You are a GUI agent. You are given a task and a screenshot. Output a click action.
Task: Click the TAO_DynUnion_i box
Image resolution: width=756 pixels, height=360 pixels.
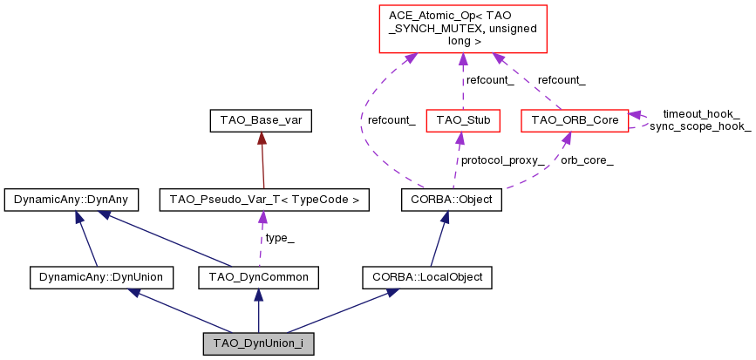[258, 343]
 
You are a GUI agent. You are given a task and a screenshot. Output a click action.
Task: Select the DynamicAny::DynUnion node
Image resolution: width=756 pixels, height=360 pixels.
[101, 277]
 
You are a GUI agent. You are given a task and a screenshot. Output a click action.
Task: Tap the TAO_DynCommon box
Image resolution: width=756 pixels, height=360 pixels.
[258, 277]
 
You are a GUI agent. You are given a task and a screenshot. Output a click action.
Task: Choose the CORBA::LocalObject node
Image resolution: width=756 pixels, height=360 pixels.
[427, 277]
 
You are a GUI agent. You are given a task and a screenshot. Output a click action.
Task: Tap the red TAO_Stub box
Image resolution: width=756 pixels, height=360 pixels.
[462, 119]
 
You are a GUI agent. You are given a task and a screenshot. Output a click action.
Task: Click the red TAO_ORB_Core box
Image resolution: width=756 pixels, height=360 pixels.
[573, 119]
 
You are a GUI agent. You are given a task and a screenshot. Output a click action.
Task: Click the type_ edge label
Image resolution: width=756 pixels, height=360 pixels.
[279, 238]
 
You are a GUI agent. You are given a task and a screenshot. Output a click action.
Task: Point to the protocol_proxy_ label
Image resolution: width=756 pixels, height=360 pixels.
[503, 160]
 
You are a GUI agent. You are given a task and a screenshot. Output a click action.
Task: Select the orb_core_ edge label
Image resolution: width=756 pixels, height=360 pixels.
[587, 160]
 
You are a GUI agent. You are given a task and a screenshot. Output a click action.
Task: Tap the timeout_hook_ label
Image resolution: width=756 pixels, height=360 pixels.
[701, 114]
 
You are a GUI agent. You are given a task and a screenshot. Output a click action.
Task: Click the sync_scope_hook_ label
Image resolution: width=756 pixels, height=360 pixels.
[700, 126]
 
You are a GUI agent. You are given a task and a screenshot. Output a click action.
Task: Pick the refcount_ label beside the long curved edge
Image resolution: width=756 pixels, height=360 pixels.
[391, 119]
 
